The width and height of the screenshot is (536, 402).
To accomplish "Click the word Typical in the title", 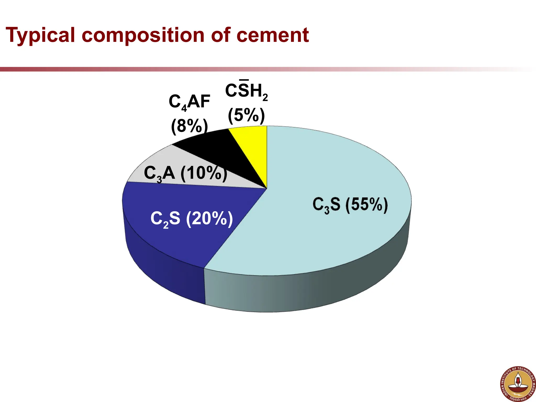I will (x=41, y=35).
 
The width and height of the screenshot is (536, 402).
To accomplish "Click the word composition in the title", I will (x=143, y=35).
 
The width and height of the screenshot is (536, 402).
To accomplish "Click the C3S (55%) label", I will (x=350, y=204).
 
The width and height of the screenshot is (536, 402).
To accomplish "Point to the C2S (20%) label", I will (x=192, y=219).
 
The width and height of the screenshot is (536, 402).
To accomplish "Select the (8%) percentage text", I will (x=189, y=126).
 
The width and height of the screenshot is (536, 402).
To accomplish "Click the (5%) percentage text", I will (x=246, y=115).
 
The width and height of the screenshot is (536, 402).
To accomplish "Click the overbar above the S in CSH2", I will (x=244, y=80).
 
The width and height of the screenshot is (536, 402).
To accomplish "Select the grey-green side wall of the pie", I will (x=314, y=291).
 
